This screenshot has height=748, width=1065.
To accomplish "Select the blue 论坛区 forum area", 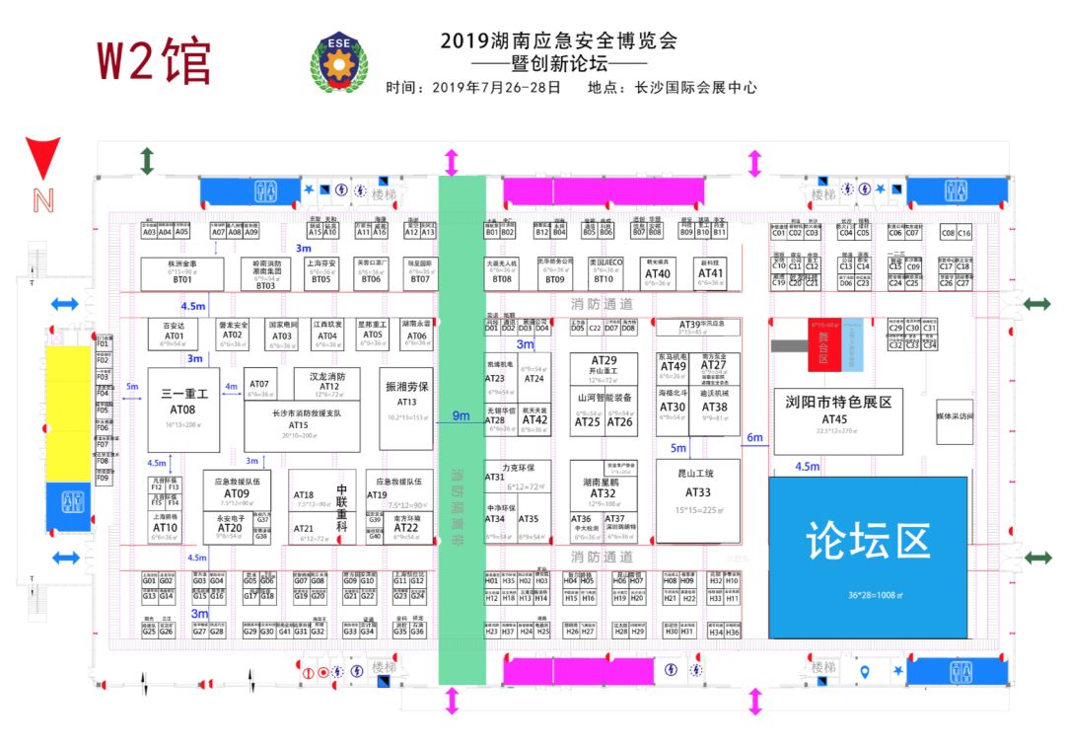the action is (867, 557).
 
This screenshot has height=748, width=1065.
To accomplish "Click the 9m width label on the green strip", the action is (461, 415).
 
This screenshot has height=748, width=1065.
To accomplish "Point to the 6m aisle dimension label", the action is (755, 437).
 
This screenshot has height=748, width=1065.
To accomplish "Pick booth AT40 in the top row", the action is (657, 273).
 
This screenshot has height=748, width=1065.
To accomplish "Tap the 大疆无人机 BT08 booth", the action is (502, 273).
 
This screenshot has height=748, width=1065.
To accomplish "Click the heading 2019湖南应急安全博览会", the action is (559, 41).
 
